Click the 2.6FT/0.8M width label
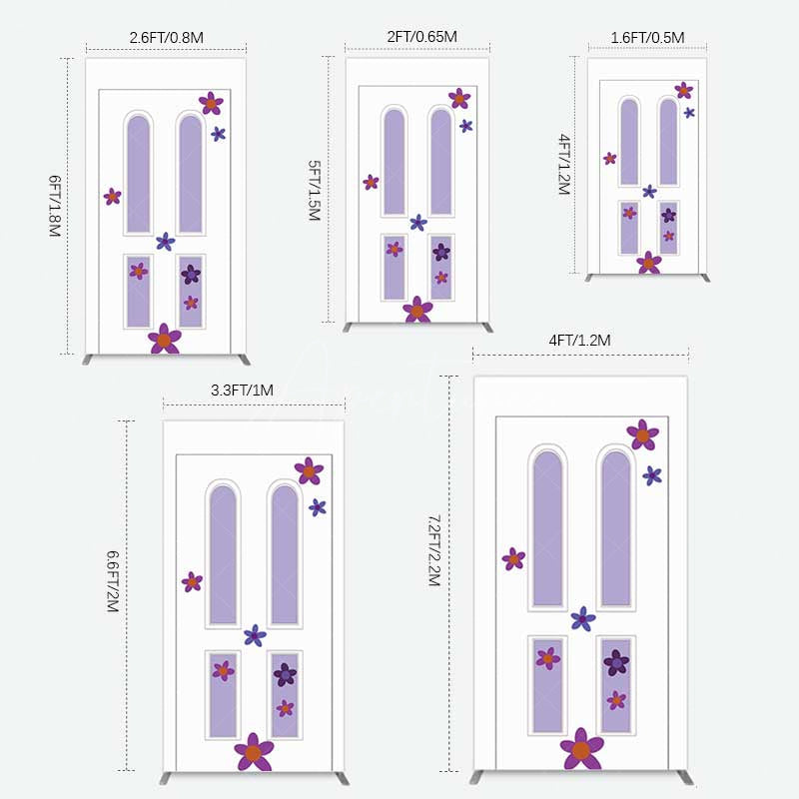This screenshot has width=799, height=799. point(166,38)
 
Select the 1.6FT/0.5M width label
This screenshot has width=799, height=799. point(647,38)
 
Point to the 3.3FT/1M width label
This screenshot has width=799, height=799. point(242,391)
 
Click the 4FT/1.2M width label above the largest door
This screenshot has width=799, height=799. point(579,341)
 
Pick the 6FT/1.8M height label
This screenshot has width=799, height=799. point(54,206)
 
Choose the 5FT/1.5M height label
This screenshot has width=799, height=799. point(314,191)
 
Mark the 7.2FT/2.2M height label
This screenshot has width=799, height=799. point(433,550)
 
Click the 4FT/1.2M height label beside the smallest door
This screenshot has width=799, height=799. point(563,165)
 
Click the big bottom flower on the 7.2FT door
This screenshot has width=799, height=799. point(581,750)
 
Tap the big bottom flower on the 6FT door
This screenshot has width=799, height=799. point(165,340)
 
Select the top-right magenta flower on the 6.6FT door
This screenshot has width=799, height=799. point(309,470)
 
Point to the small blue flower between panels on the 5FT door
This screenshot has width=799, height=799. point(417,223)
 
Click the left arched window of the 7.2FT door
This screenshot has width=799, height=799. point(547,529)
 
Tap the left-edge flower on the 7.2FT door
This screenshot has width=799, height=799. point(513,559)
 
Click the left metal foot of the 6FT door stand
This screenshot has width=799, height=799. point(91,360)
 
